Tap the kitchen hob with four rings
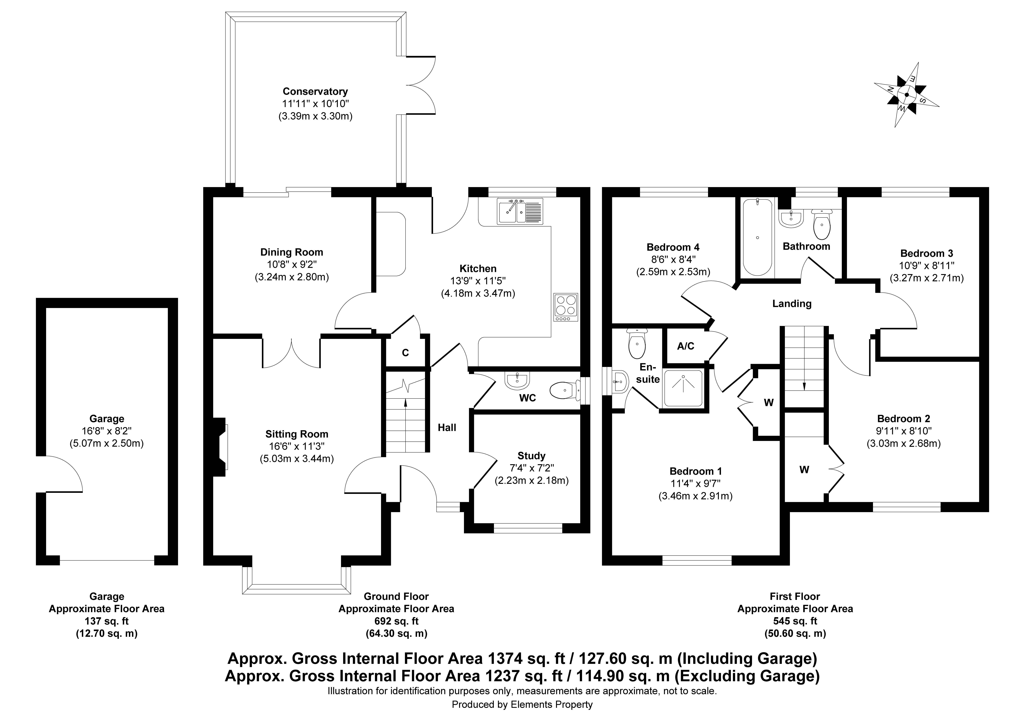566,307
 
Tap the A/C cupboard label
686,346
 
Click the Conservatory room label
315,92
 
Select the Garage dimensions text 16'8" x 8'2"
107,431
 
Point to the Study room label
531,456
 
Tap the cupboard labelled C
405,353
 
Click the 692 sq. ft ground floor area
396,621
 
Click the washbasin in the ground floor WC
517,381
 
